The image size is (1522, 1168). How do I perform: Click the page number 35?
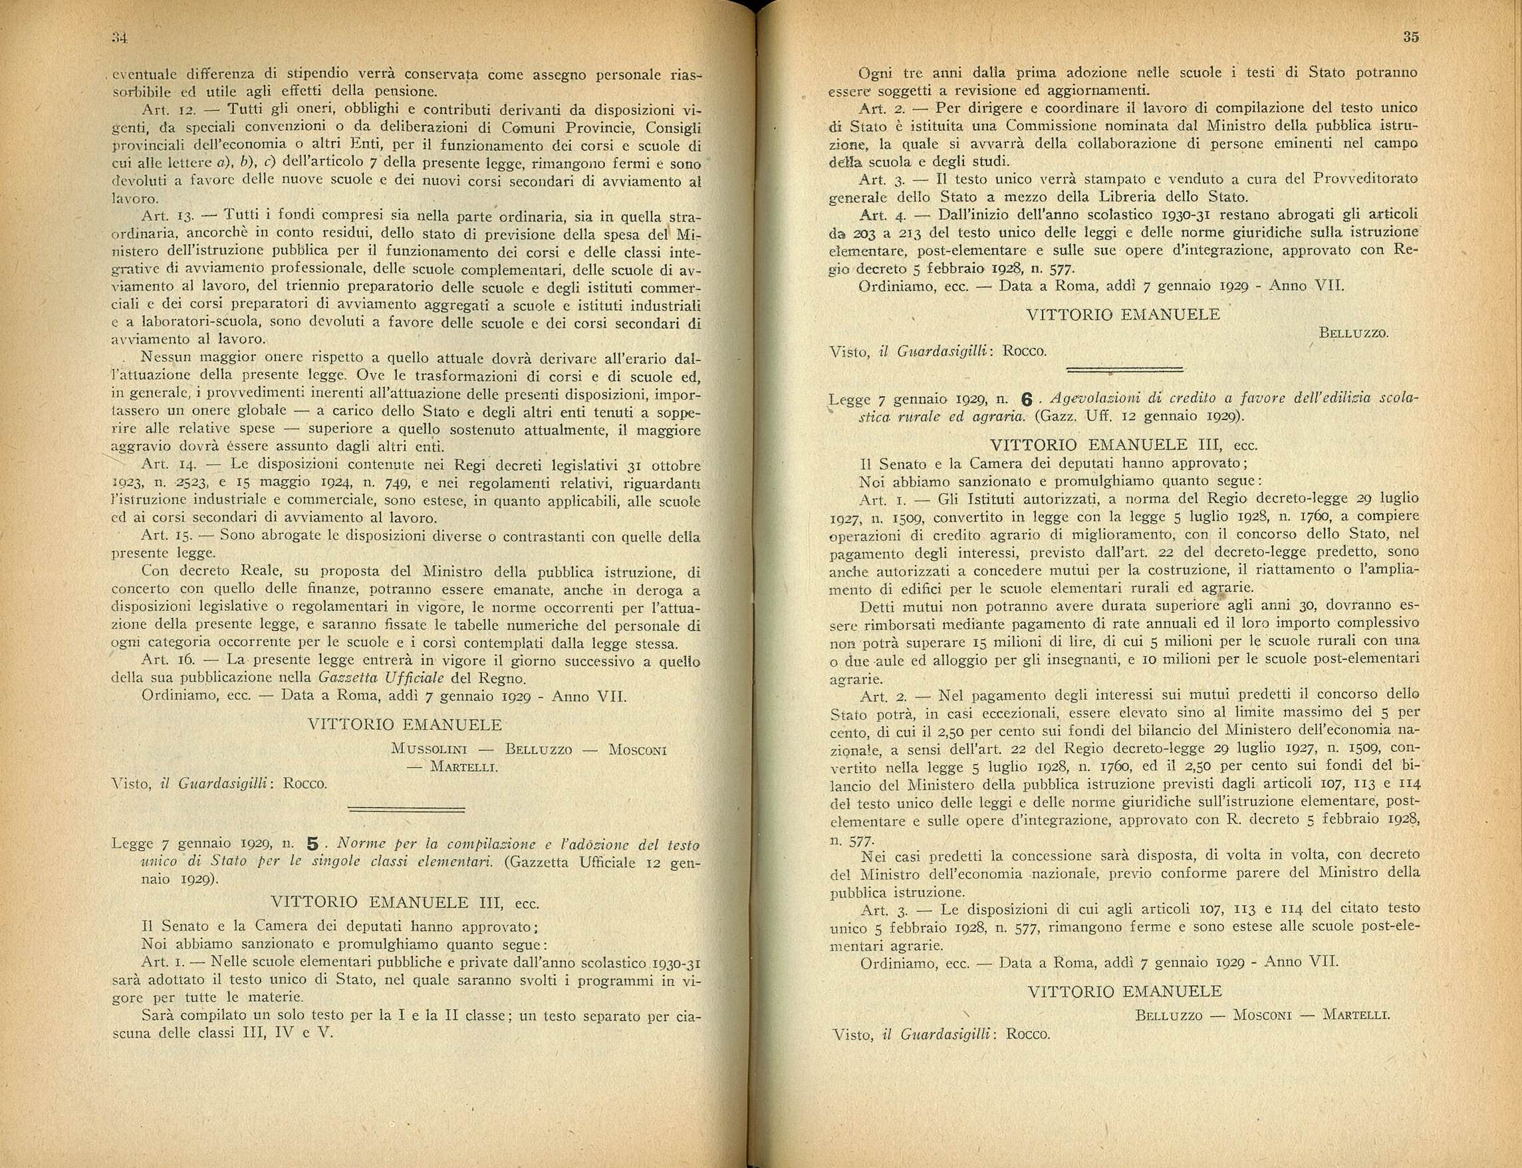pyautogui.click(x=1411, y=37)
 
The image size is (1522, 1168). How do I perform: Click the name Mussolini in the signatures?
pyautogui.click(x=429, y=749)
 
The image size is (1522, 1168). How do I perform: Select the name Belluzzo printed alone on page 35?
pyautogui.click(x=1353, y=334)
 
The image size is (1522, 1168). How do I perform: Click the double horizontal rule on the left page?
pyautogui.click(x=406, y=808)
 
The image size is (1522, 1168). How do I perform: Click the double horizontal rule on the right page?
pyautogui.click(x=1124, y=369)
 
